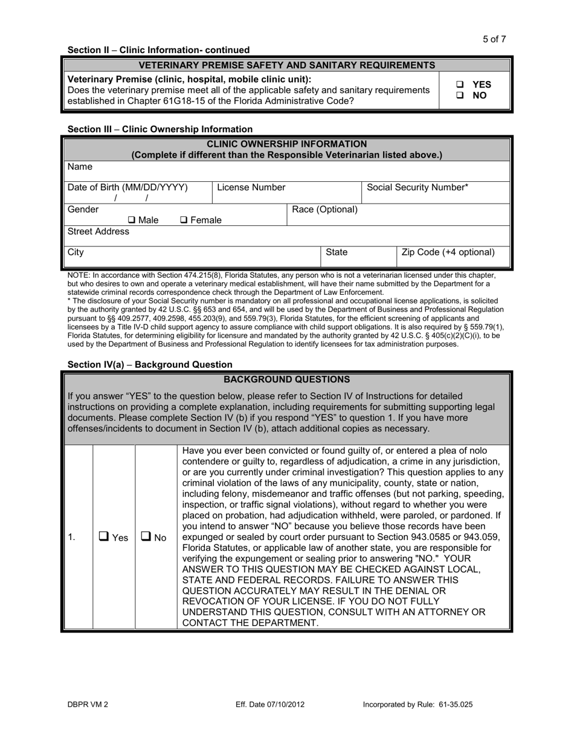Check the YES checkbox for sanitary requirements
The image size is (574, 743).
(460, 85)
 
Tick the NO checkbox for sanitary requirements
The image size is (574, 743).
(460, 95)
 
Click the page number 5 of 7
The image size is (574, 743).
(494, 39)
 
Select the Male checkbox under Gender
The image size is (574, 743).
(132, 220)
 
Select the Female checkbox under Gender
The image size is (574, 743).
(184, 220)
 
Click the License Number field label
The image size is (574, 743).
(251, 188)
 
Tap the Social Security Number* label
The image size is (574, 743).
(417, 188)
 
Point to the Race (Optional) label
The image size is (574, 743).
(324, 210)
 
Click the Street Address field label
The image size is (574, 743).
(98, 232)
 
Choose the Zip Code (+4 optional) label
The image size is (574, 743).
(448, 252)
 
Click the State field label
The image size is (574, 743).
(337, 252)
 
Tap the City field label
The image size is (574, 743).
(76, 252)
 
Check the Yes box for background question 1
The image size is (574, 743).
(104, 536)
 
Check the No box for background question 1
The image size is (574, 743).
(146, 536)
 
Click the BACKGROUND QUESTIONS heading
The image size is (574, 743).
(286, 380)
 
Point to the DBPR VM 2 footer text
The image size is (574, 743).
(88, 704)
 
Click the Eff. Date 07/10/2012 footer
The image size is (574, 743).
(270, 704)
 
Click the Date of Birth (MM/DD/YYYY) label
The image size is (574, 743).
(127, 188)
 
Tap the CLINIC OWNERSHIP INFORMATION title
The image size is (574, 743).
(286, 144)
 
